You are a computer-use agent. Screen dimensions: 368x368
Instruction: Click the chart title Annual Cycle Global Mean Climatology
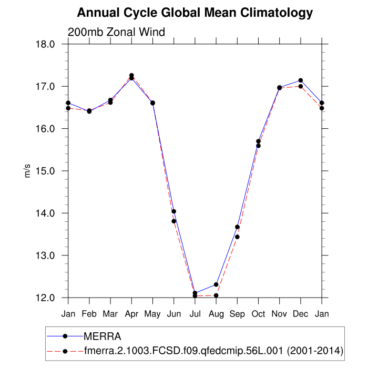tap(195, 13)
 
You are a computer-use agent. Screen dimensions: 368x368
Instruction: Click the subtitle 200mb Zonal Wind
tap(116, 32)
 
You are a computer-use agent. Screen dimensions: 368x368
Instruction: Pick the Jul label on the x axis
tap(195, 314)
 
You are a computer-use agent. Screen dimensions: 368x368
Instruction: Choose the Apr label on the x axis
tap(131, 314)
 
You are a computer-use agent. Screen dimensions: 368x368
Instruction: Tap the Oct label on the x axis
tap(258, 314)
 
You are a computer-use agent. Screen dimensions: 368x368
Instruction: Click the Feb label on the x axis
tap(89, 314)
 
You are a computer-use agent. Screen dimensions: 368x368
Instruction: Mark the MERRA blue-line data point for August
tap(216, 284)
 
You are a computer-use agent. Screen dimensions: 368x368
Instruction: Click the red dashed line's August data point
tap(216, 295)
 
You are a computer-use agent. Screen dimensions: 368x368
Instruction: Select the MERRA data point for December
tap(301, 80)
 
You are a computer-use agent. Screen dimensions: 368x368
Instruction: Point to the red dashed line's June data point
tap(173, 221)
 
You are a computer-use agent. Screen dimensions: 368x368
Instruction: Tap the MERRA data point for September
tap(237, 227)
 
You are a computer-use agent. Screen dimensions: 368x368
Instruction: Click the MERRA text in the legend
tap(103, 336)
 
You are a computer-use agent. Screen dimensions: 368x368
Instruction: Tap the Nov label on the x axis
tap(279, 314)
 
